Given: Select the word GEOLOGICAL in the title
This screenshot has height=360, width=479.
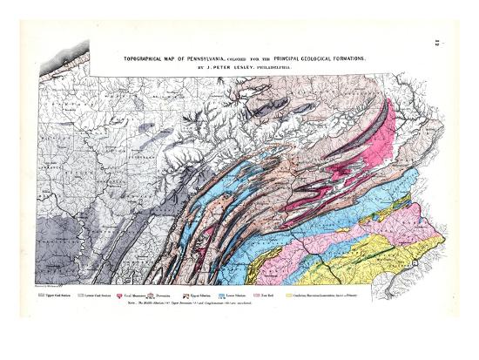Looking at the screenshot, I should (x=331, y=58).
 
